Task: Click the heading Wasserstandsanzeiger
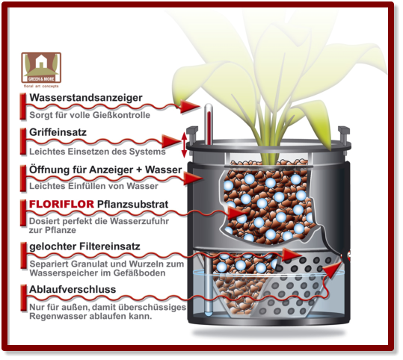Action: coord(86,98)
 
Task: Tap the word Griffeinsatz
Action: coord(58,132)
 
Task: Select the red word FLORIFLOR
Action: coord(61,205)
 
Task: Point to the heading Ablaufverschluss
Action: coord(73,289)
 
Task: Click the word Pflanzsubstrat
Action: coord(132,205)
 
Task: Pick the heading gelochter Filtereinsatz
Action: coord(84,246)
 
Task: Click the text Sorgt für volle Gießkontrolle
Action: coord(90,115)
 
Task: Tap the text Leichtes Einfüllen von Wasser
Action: coord(93,186)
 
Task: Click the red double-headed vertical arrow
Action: coord(184,145)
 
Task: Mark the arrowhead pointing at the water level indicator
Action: coord(190,107)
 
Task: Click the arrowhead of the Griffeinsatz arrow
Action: coord(171,141)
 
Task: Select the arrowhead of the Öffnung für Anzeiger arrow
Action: coord(194,179)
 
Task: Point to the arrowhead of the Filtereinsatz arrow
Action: coord(292,255)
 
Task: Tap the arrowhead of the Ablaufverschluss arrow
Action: coord(333,270)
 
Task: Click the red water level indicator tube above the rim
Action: coord(209,124)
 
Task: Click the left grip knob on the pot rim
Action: coord(193,133)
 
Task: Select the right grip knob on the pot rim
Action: coord(344,133)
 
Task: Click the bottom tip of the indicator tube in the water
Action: coord(208,314)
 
